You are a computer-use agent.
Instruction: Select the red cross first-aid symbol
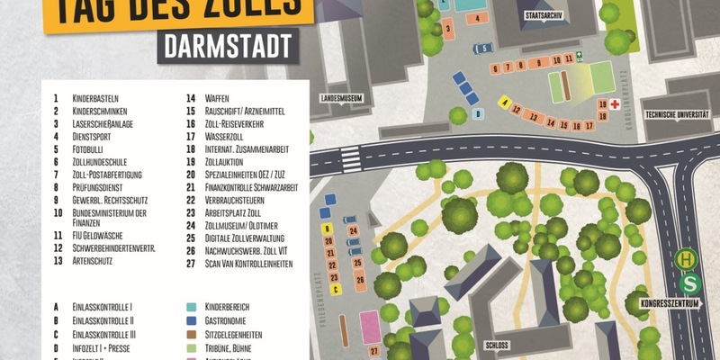pyautogui.click(x=614, y=104)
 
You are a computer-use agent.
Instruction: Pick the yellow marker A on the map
pyautogui.click(x=506, y=101)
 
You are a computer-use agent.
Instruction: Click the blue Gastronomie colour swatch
pyautogui.click(x=192, y=319)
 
